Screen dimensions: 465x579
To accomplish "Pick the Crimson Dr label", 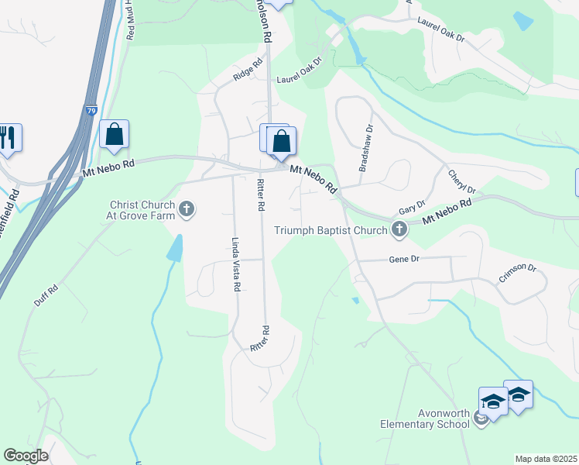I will [517, 273].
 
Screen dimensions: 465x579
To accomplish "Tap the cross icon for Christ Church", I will [187, 208].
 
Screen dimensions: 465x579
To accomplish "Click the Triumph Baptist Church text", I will [331, 229].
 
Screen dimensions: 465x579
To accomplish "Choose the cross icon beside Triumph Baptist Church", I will [399, 229].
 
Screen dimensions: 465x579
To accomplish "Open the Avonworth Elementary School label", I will [424, 418].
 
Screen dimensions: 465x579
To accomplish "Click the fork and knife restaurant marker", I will [9, 138].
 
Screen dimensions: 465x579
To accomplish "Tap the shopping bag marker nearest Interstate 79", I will [114, 134].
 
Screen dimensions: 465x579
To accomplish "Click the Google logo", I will [26, 456].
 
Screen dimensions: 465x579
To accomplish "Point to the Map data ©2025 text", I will [545, 459].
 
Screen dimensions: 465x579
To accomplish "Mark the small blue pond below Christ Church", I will [175, 248].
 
